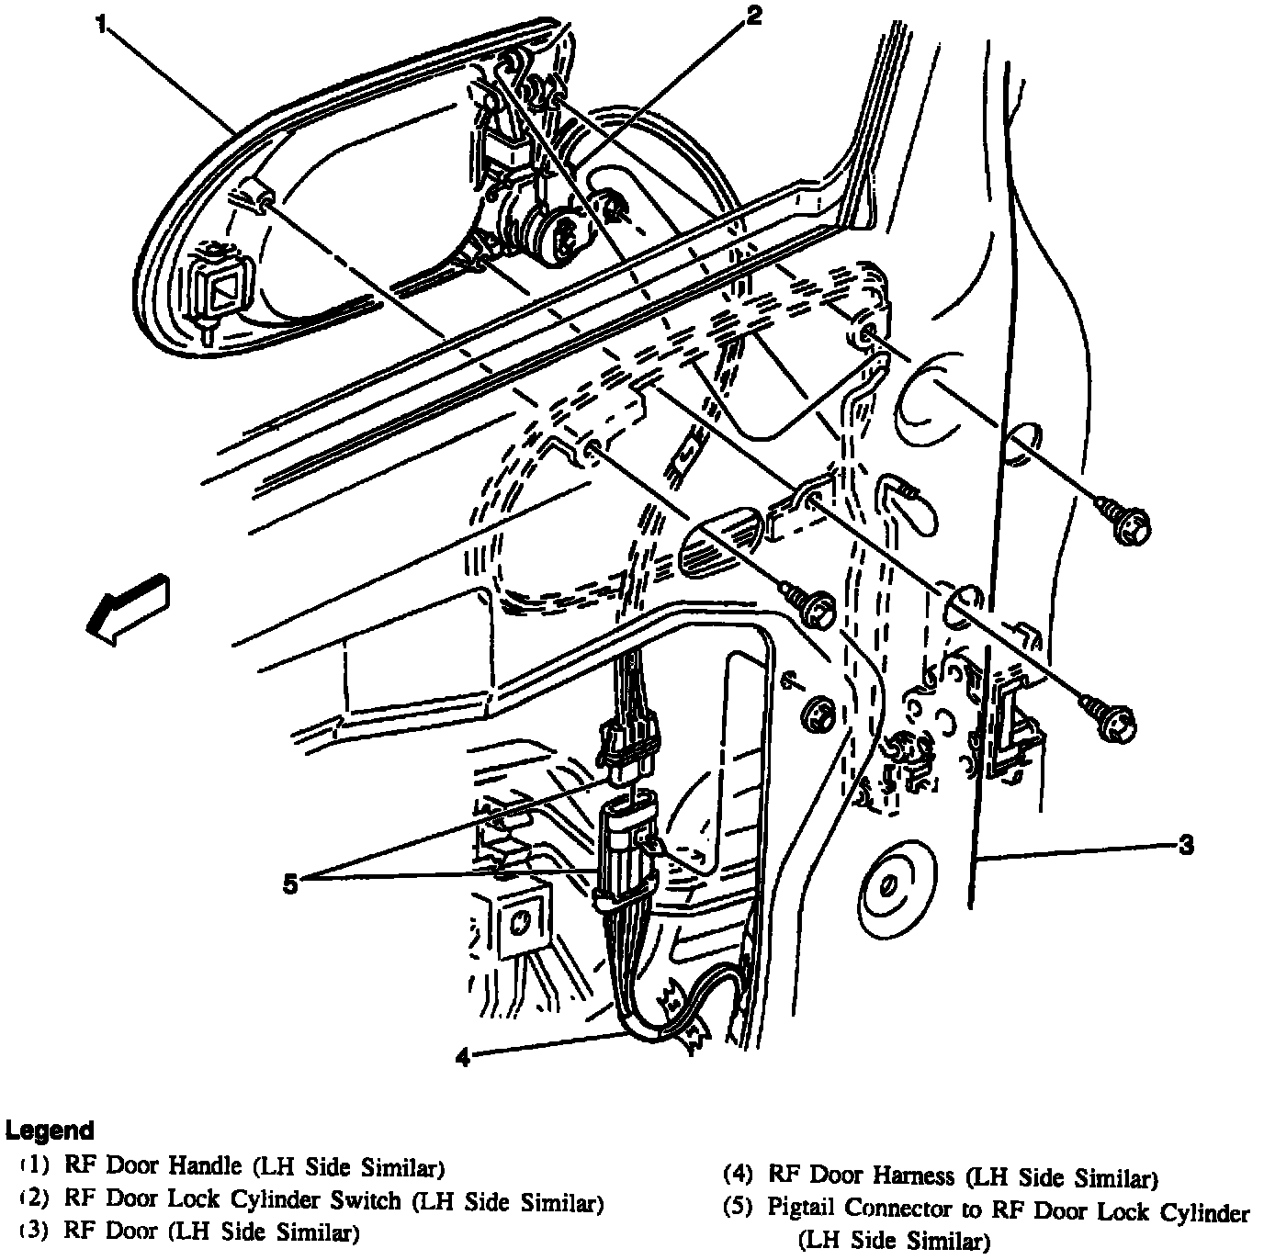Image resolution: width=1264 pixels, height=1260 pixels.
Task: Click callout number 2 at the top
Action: [x=753, y=16]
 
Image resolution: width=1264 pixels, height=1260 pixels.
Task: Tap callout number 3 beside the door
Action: [x=1186, y=845]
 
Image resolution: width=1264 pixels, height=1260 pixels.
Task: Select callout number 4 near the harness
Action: [x=462, y=1058]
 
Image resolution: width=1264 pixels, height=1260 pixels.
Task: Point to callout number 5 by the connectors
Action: [x=289, y=884]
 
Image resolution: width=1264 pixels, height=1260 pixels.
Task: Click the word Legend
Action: [x=50, y=1130]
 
